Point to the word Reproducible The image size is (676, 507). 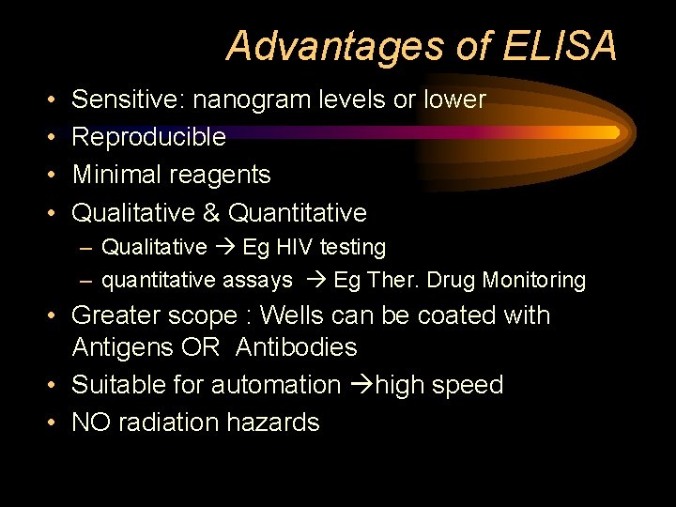click(x=148, y=137)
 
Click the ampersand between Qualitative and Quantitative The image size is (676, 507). click(x=210, y=212)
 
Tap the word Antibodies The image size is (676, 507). click(x=297, y=347)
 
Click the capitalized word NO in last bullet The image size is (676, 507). click(x=90, y=422)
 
